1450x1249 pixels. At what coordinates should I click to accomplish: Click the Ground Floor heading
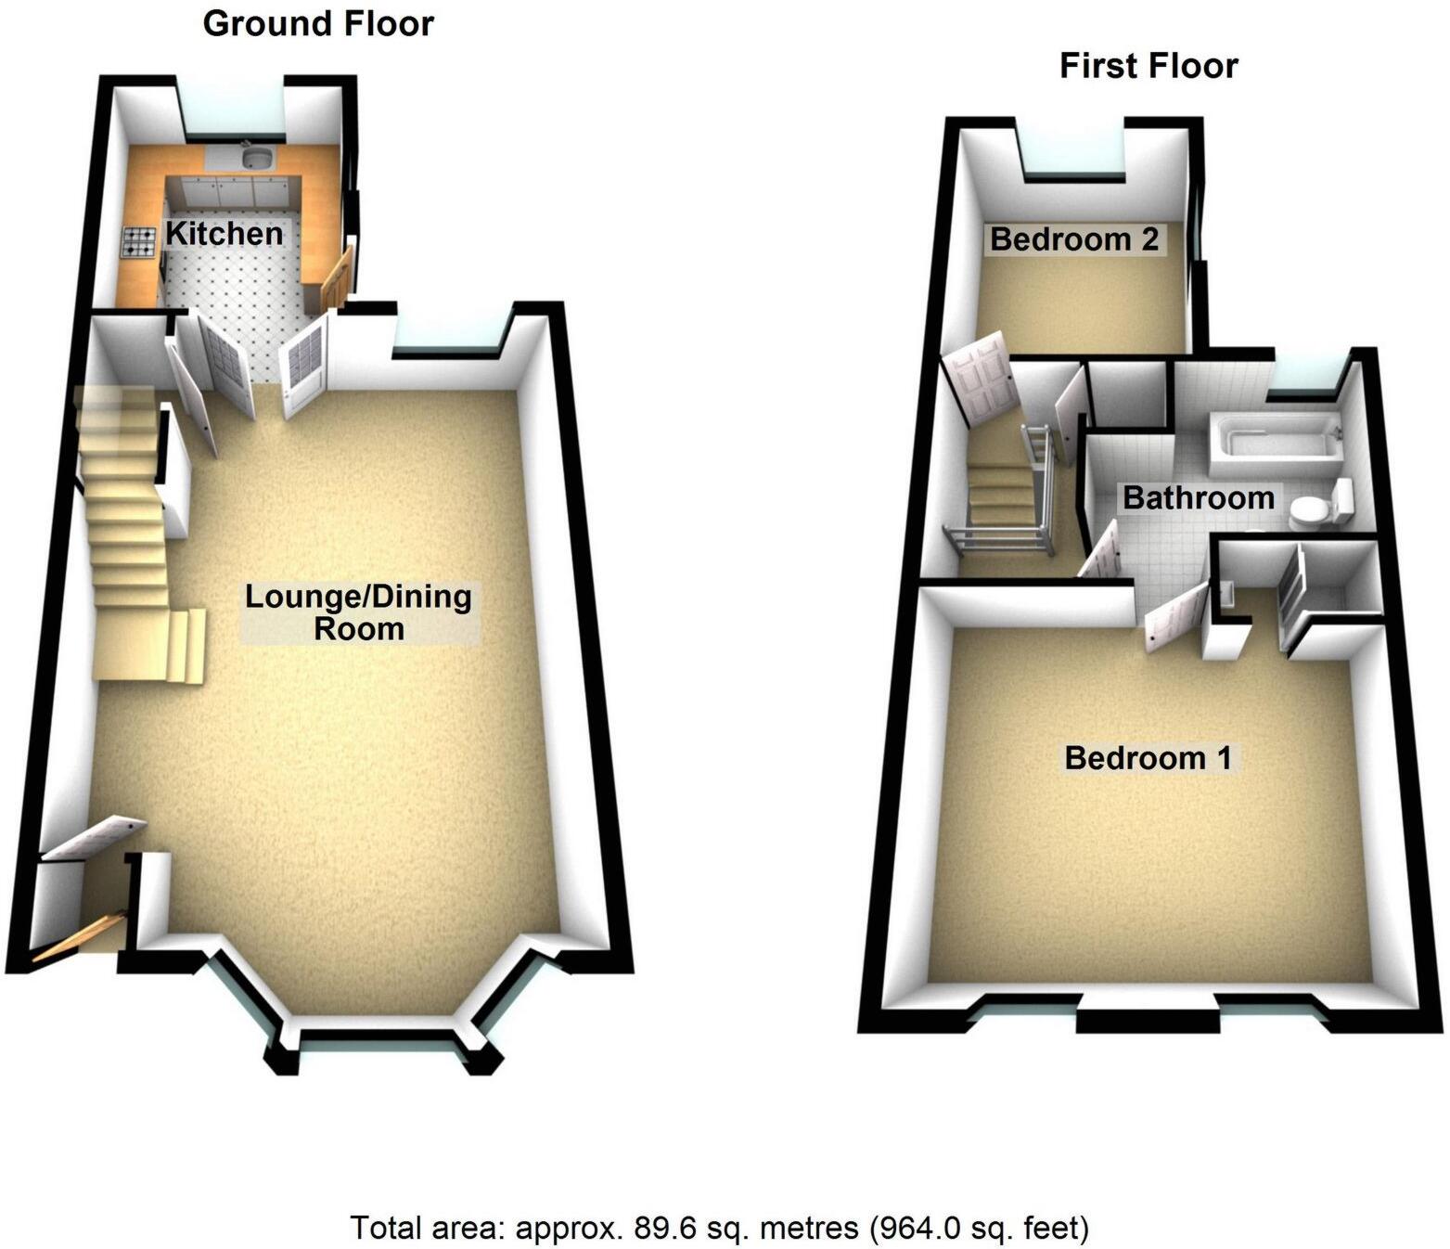tap(318, 24)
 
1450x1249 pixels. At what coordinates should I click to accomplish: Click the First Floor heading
tap(1148, 67)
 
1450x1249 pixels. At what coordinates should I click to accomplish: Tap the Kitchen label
tap(224, 234)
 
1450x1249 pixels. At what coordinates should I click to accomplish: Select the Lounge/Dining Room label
tap(358, 612)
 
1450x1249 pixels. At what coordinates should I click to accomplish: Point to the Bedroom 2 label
tap(1074, 239)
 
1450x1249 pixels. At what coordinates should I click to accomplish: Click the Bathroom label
tap(1198, 497)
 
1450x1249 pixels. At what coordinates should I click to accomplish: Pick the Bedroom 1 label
tap(1148, 757)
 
